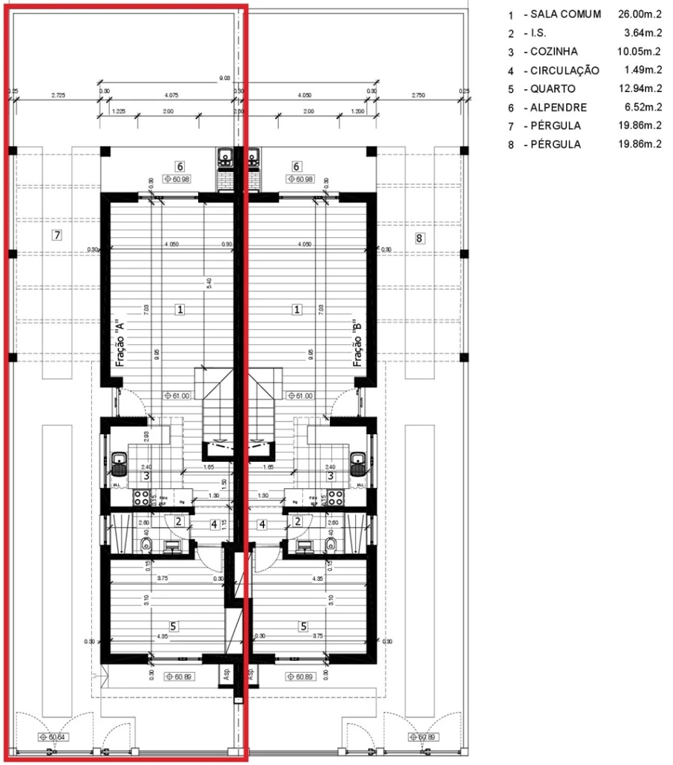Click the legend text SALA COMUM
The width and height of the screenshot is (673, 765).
[x=565, y=15]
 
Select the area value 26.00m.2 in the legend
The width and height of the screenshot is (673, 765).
[x=639, y=15]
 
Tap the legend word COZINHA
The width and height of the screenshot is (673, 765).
[x=557, y=52]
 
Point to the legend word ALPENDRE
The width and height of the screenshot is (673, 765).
[x=559, y=108]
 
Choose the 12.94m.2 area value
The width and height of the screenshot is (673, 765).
[x=639, y=89]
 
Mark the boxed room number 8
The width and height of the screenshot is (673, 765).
[x=419, y=238]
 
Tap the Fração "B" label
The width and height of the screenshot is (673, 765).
[x=358, y=343]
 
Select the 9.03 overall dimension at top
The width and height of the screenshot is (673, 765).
[x=224, y=78]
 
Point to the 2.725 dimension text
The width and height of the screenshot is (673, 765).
[x=58, y=95]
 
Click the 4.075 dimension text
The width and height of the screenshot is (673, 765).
[x=170, y=95]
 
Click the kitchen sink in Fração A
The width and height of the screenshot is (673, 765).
[x=119, y=464]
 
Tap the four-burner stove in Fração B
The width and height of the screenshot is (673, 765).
[x=331, y=496]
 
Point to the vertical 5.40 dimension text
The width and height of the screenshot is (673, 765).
[x=209, y=284]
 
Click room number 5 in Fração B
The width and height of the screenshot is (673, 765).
[x=304, y=626]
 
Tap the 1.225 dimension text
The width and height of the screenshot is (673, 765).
[x=117, y=112]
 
